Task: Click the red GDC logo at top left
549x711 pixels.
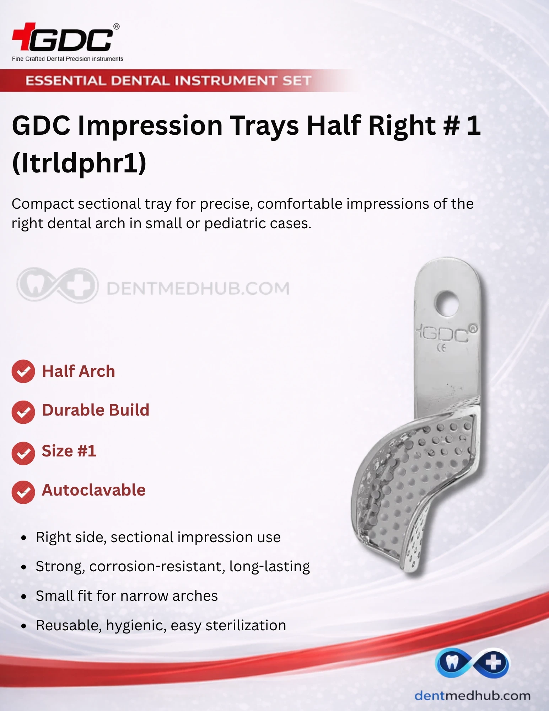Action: (x=66, y=37)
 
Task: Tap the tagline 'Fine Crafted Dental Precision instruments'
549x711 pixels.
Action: (x=68, y=59)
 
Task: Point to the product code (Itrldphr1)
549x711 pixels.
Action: (x=79, y=163)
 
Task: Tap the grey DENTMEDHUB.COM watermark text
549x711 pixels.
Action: (x=198, y=288)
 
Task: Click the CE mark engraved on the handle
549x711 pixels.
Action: (x=441, y=348)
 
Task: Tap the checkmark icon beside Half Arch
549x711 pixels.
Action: (x=23, y=371)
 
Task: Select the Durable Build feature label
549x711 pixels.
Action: (x=96, y=410)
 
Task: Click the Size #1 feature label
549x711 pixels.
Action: (x=69, y=451)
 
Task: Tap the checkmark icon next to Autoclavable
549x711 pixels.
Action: (x=23, y=492)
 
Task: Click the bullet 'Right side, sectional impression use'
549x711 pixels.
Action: (x=158, y=537)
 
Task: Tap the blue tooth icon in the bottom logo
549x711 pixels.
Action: (x=452, y=663)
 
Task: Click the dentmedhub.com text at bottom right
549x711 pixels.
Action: (x=473, y=695)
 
